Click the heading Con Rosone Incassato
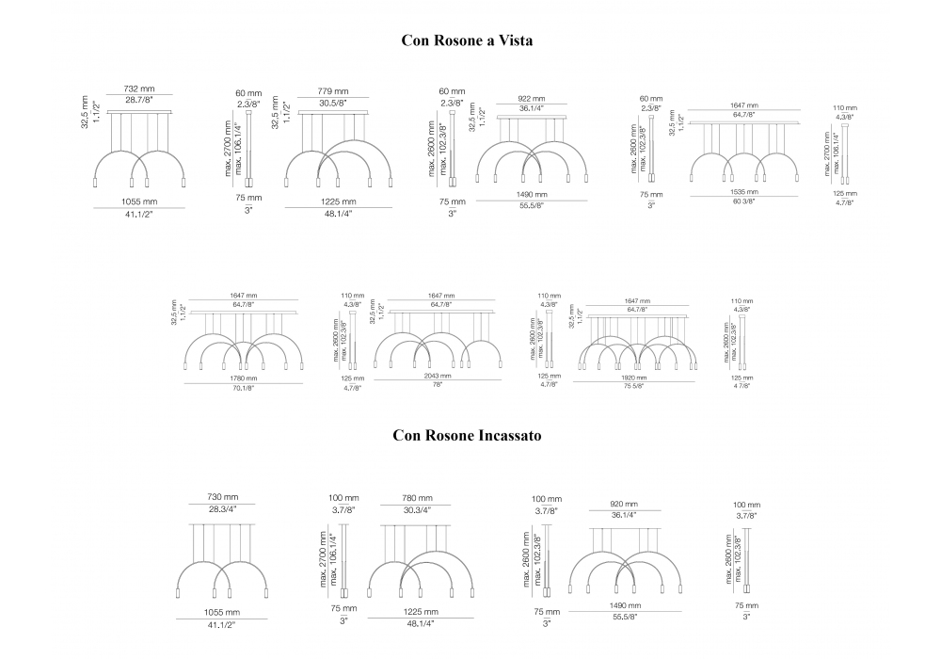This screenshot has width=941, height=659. point(468,436)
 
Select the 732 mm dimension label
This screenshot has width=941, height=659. point(138,89)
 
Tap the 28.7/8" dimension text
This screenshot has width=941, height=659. point(138,100)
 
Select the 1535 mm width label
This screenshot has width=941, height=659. point(744,191)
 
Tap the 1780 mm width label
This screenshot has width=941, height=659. point(243,378)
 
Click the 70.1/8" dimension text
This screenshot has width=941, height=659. point(243,387)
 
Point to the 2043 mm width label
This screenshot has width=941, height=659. point(436,376)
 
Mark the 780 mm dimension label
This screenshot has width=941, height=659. point(418,498)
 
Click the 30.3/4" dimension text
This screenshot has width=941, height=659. point(418,509)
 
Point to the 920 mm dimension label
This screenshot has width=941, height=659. point(617,504)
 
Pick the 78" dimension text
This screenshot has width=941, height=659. point(436,384)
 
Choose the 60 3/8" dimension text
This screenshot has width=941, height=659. point(744,201)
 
